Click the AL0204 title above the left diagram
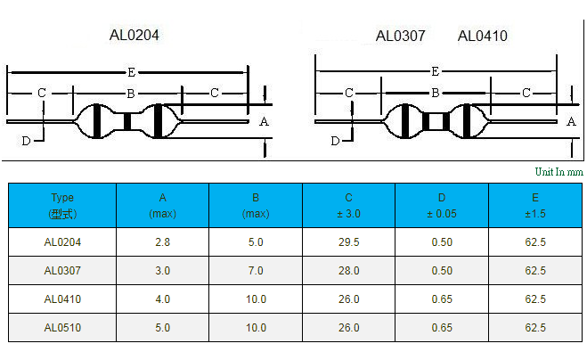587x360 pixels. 134,36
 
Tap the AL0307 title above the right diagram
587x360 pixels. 400,36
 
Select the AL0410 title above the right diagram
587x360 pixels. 482,36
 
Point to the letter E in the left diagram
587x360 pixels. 132,72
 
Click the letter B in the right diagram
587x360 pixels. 435,93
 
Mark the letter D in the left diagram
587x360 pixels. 26,141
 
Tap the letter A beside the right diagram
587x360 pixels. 571,122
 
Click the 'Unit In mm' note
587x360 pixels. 558,172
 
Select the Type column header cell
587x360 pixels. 62,205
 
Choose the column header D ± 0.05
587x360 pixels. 442,205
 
